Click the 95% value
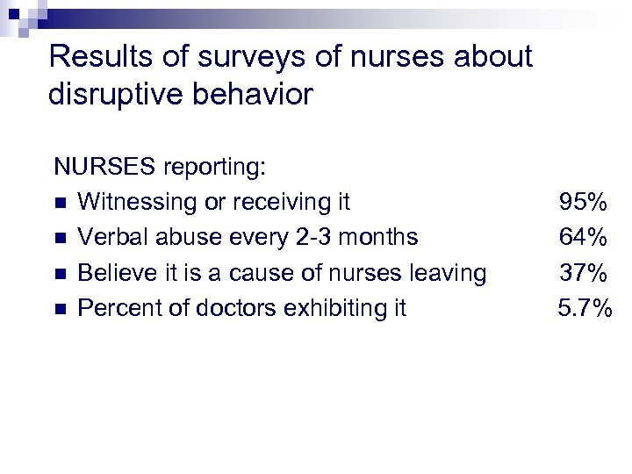(x=584, y=203)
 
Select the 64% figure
(x=584, y=238)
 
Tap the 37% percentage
(x=584, y=274)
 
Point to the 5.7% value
(x=585, y=309)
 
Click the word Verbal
(x=108, y=238)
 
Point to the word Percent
(x=112, y=309)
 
